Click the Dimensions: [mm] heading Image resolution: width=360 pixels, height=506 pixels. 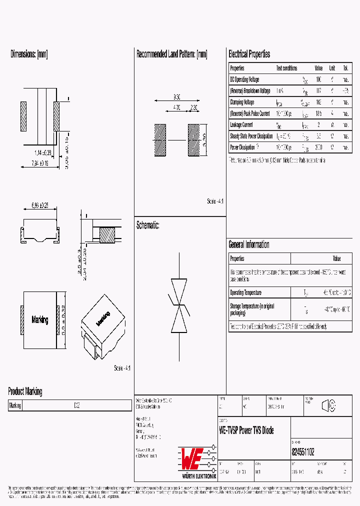coord(29,54)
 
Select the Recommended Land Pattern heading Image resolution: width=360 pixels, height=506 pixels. coord(171,54)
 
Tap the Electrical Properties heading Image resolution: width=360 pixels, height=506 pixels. coord(249,54)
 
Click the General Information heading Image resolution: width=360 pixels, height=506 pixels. coord(248,244)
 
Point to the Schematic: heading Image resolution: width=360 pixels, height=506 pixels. coord(147,225)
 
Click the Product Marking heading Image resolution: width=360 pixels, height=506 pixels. coord(25,391)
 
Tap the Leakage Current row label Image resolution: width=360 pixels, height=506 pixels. coord(241,125)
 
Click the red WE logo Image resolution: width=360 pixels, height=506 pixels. coord(190,456)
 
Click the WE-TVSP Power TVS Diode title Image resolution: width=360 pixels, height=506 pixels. coord(246,430)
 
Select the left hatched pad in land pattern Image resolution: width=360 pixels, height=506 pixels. coord(159,140)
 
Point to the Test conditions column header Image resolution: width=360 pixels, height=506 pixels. coord(286,68)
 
